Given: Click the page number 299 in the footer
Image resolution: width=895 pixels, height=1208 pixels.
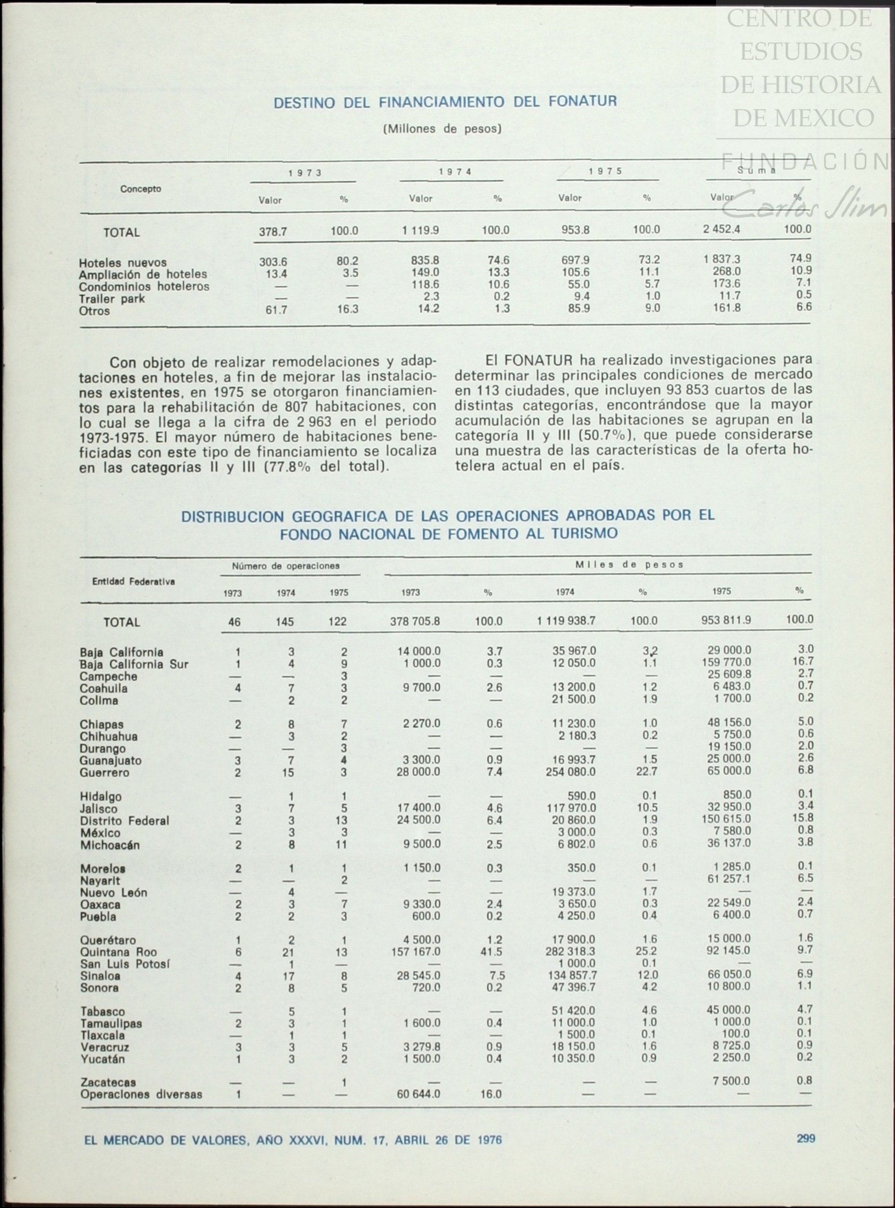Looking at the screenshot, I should (806, 1138).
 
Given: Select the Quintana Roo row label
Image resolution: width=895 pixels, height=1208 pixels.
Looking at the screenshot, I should (118, 952).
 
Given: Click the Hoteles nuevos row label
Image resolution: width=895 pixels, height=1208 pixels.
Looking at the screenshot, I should (122, 263).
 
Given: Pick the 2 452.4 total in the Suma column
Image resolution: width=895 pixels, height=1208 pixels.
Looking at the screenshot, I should (721, 230).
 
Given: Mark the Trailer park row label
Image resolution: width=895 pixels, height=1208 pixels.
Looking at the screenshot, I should (112, 299).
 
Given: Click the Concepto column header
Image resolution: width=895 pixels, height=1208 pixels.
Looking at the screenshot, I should (141, 189).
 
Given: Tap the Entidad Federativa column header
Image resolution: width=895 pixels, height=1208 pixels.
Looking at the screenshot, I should (133, 582).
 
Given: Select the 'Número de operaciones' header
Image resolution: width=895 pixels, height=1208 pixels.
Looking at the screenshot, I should (286, 566).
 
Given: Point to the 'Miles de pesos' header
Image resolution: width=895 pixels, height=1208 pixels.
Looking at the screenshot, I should (629, 565).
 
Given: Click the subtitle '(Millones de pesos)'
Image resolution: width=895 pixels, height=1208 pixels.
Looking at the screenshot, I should (442, 129).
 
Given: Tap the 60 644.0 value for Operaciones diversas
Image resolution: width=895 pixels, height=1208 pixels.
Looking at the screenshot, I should (418, 1094).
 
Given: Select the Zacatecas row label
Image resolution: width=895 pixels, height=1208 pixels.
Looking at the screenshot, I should (108, 1082).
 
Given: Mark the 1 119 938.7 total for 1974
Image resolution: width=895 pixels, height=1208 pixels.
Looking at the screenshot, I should (566, 621).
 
